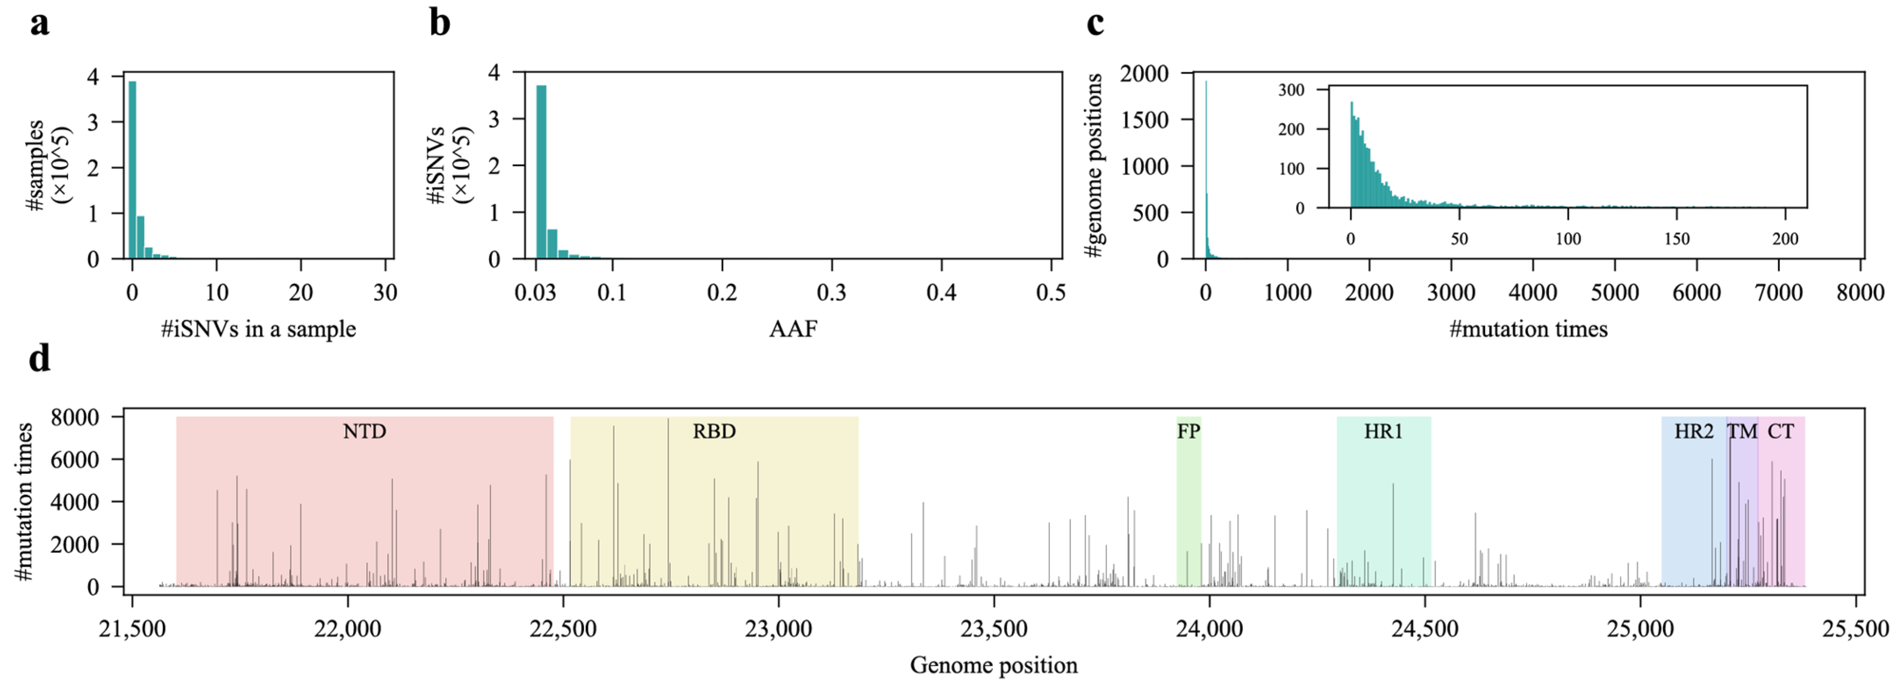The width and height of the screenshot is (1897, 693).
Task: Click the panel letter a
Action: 40,24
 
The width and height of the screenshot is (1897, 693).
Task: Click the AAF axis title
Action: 793,329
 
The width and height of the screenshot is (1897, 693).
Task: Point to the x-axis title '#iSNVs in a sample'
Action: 258,329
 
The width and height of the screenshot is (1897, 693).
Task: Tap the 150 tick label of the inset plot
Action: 1677,239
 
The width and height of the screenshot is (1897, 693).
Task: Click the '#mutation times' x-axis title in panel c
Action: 1528,329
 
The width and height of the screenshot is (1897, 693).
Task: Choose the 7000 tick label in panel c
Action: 1779,293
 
